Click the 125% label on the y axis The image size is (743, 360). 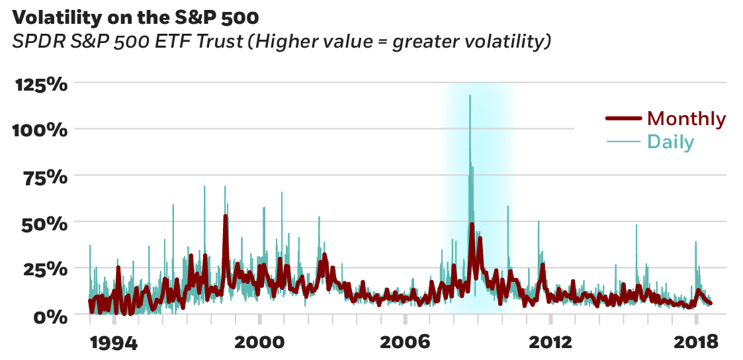click(40, 85)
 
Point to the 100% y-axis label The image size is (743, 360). click(40, 130)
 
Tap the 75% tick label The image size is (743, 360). click(45, 177)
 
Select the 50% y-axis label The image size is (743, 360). click(45, 224)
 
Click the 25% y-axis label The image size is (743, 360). click(45, 270)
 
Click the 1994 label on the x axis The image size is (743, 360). click(114, 342)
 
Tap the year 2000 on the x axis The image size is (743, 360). click(259, 342)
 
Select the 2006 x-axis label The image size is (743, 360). click(405, 342)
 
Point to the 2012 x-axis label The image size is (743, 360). click(550, 342)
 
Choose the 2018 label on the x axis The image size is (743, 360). click(696, 342)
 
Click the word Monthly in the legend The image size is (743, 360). click(686, 119)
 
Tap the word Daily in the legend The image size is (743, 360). click(670, 142)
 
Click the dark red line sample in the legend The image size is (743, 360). click(623, 119)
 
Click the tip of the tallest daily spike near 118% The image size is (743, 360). click(470, 95)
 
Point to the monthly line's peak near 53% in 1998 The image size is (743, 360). click(226, 216)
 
